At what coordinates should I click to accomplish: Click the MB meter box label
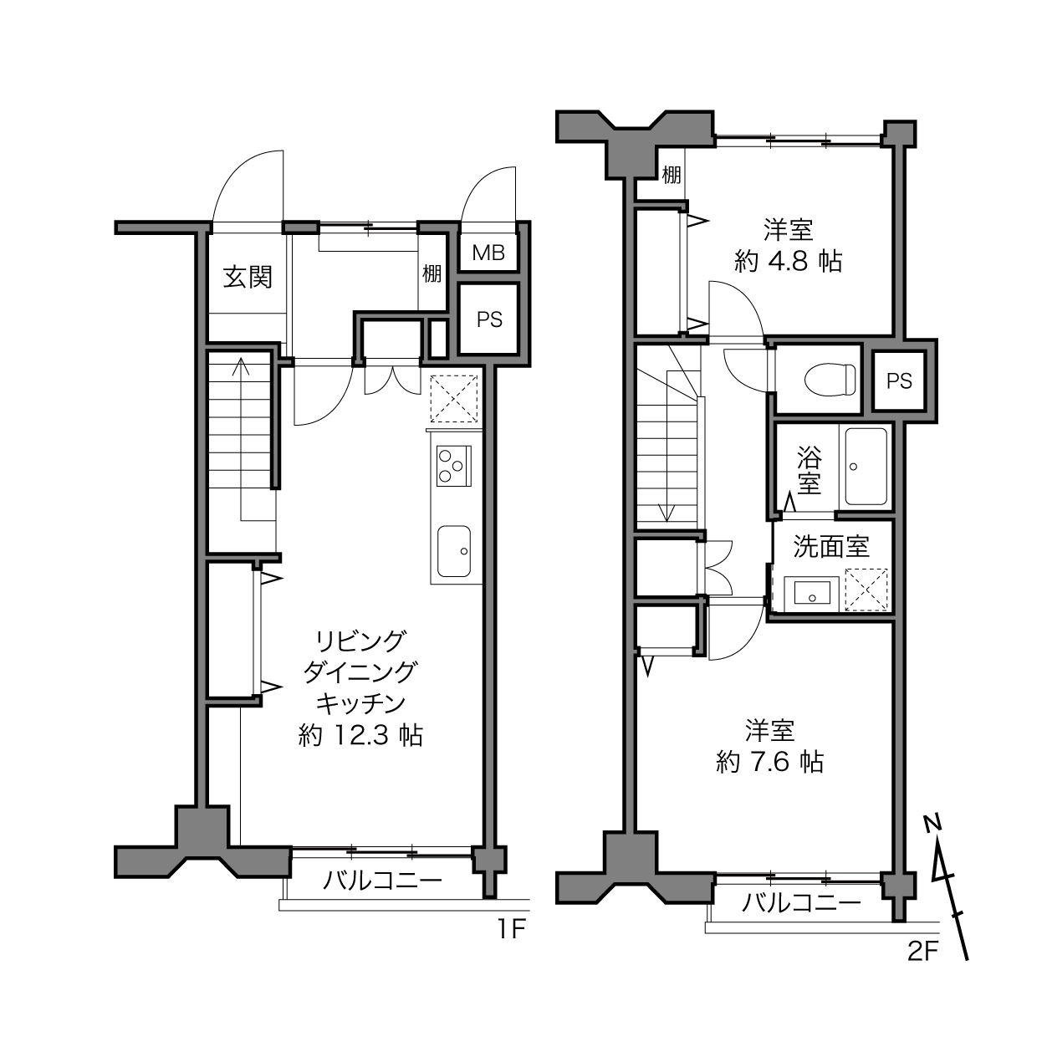[488, 253]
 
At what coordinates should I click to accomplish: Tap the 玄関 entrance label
[248, 278]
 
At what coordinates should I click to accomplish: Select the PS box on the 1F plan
[489, 319]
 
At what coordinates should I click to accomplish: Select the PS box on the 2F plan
[899, 380]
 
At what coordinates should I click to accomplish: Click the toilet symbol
[830, 378]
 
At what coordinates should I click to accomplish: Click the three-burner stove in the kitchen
[453, 466]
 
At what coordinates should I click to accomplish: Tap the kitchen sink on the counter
[454, 551]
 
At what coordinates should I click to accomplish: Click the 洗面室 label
[831, 547]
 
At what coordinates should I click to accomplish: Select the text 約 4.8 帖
[788, 262]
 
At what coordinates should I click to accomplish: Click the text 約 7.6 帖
[770, 762]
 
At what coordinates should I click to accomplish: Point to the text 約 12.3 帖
[360, 736]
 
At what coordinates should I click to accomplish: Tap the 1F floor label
[511, 930]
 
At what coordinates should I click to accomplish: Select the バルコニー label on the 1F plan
[382, 880]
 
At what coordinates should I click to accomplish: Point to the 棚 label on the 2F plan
[671, 175]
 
